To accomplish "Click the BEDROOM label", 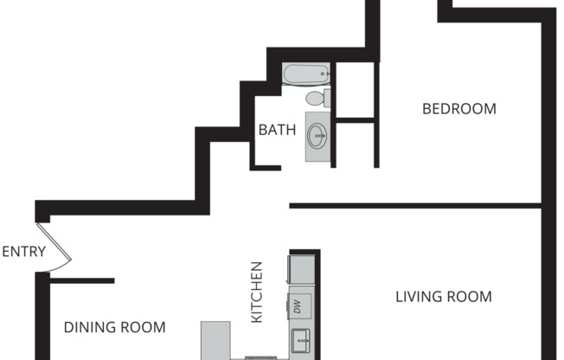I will pyautogui.click(x=458, y=109).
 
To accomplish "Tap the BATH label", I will pyautogui.click(x=277, y=131).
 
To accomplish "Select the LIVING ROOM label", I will pyautogui.click(x=443, y=297).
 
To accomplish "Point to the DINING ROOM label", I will pyautogui.click(x=114, y=327).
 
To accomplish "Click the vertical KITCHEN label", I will pyautogui.click(x=257, y=292).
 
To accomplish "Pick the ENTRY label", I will pyautogui.click(x=23, y=252).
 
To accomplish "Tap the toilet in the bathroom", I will pyautogui.click(x=317, y=98).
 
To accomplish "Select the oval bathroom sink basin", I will pyautogui.click(x=318, y=135).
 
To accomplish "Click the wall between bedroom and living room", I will pyautogui.click(x=415, y=206).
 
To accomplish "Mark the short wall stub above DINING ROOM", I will pyautogui.click(x=83, y=280).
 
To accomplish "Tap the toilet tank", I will pyautogui.click(x=329, y=97).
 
